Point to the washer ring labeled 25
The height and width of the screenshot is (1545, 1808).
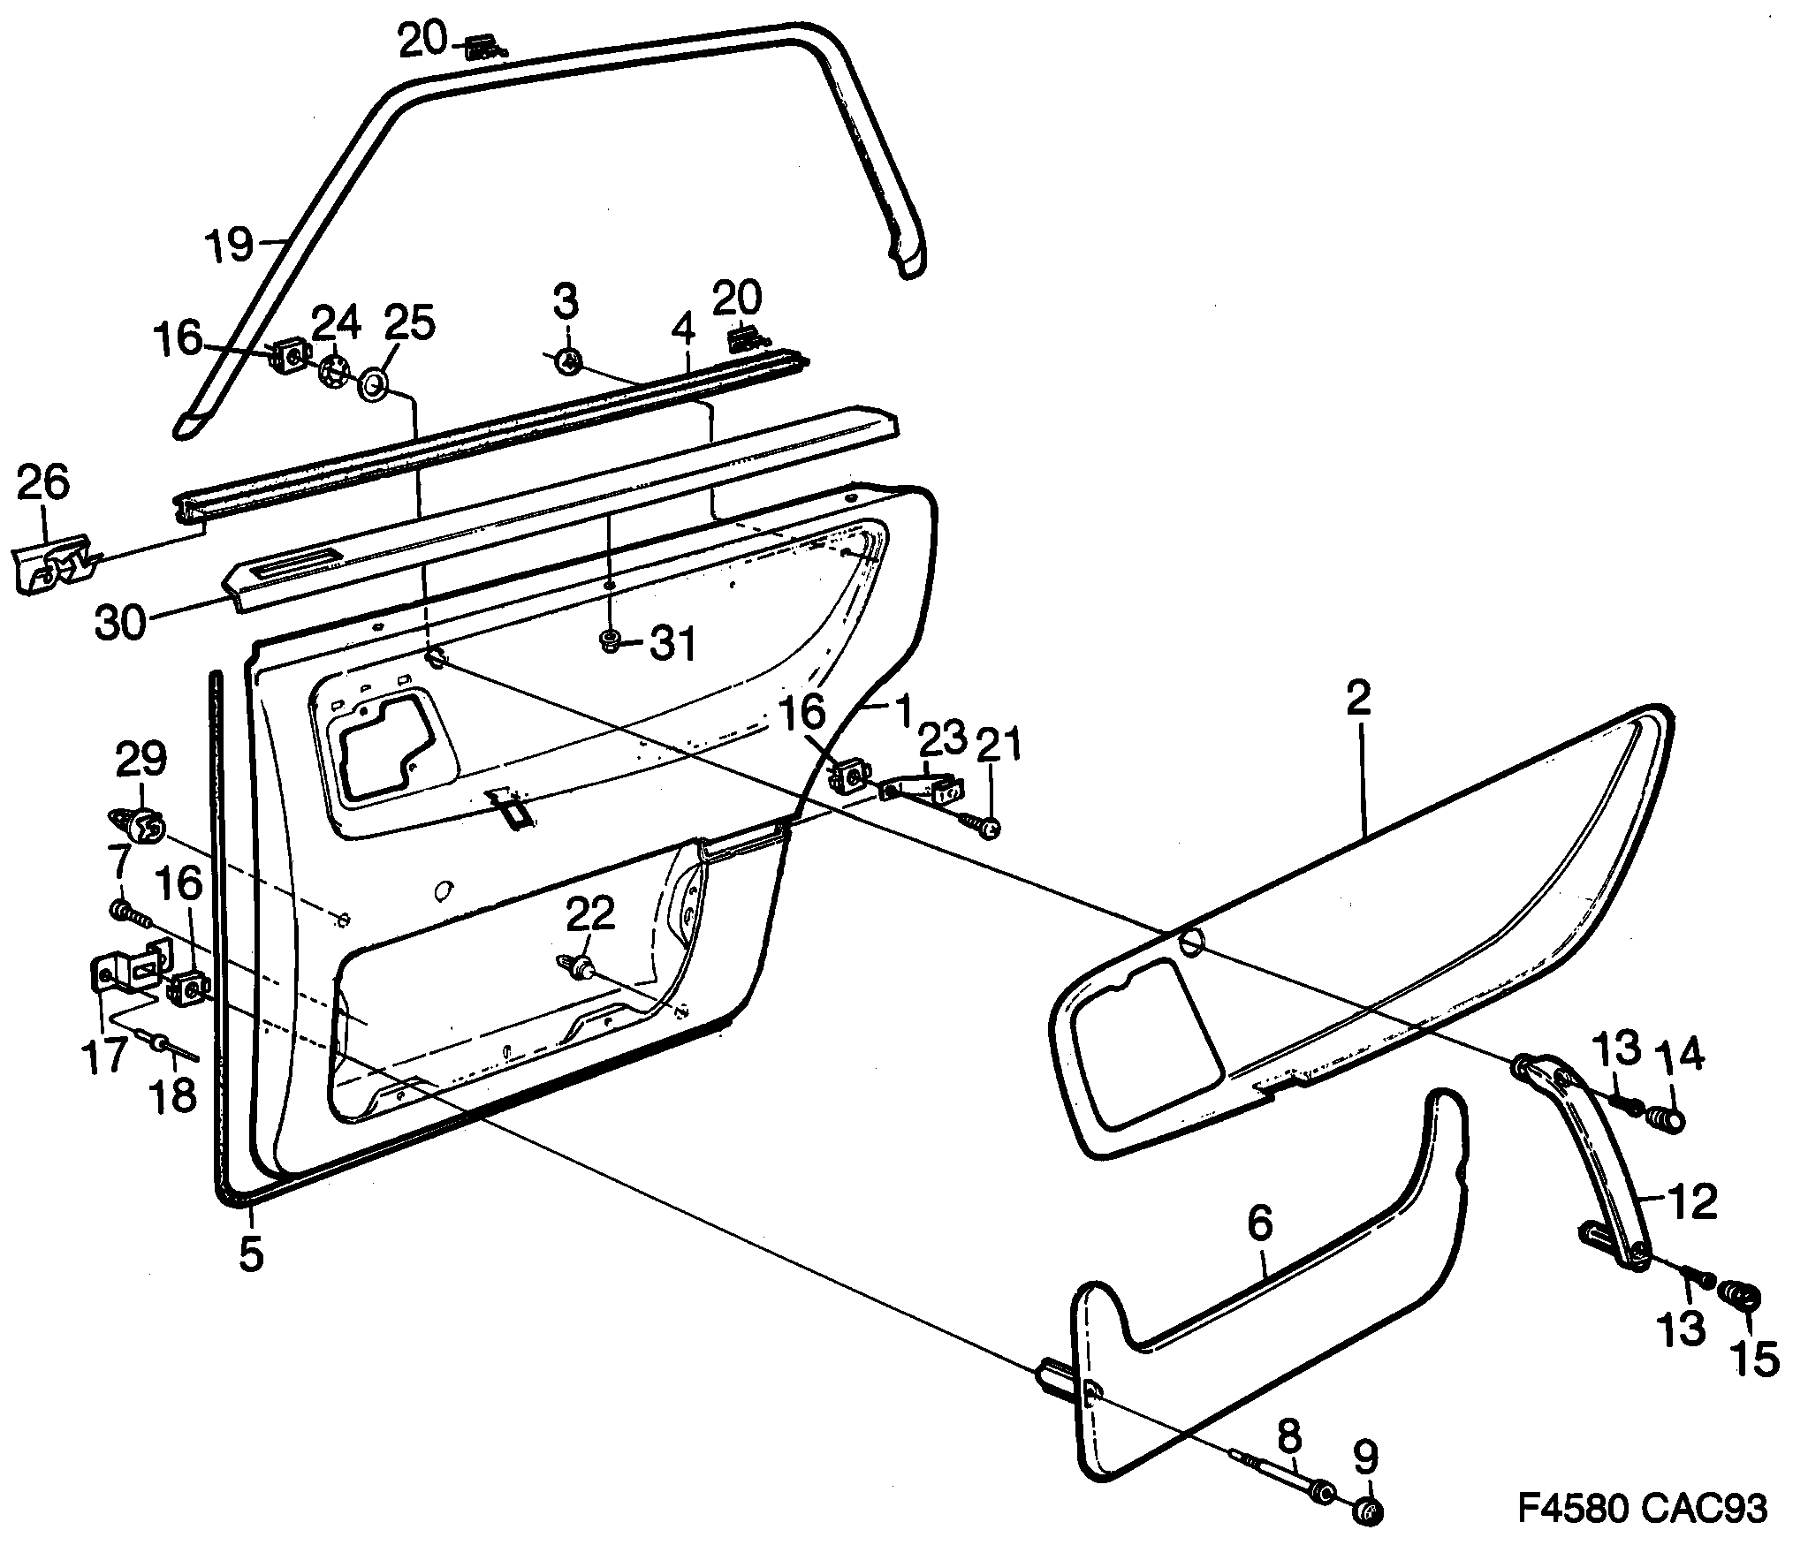click(374, 384)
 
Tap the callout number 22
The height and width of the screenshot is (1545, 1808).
click(590, 915)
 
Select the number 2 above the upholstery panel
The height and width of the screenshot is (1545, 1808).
click(1358, 699)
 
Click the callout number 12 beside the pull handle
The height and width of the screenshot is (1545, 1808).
click(1690, 1202)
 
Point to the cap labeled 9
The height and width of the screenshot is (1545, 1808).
click(1367, 1512)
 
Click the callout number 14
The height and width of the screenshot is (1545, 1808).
click(1682, 1056)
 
